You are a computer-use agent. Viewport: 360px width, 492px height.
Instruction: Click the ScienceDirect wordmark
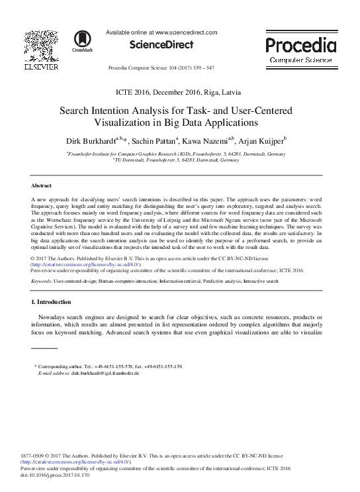click(x=161, y=45)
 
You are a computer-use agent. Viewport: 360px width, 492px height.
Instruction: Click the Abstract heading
click(x=43, y=186)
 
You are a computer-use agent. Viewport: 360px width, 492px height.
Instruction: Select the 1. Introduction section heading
click(x=56, y=302)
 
